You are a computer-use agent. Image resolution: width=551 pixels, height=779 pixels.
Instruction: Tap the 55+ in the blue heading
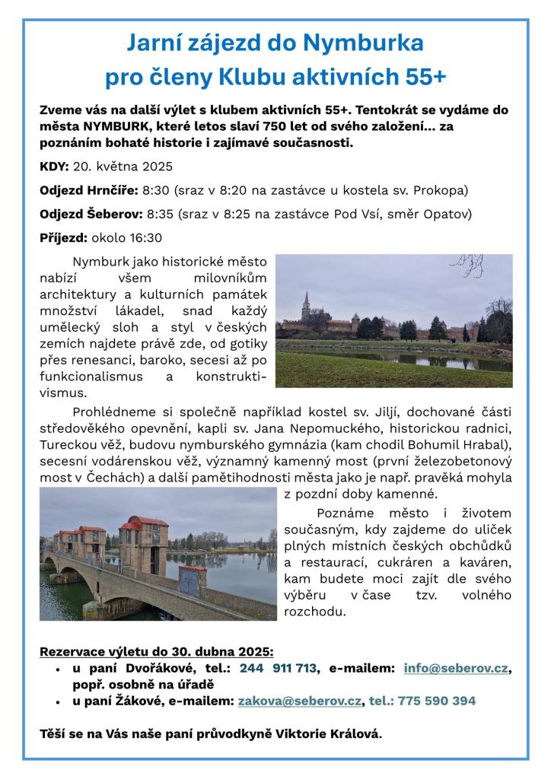(x=422, y=76)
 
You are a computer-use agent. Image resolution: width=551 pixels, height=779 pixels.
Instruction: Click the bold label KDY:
(x=54, y=167)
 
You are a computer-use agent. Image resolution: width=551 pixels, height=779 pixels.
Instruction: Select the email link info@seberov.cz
(x=455, y=669)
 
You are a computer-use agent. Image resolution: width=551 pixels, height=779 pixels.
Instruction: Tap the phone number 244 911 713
(x=278, y=669)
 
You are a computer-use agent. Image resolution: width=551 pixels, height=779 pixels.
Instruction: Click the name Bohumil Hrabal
(x=457, y=445)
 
